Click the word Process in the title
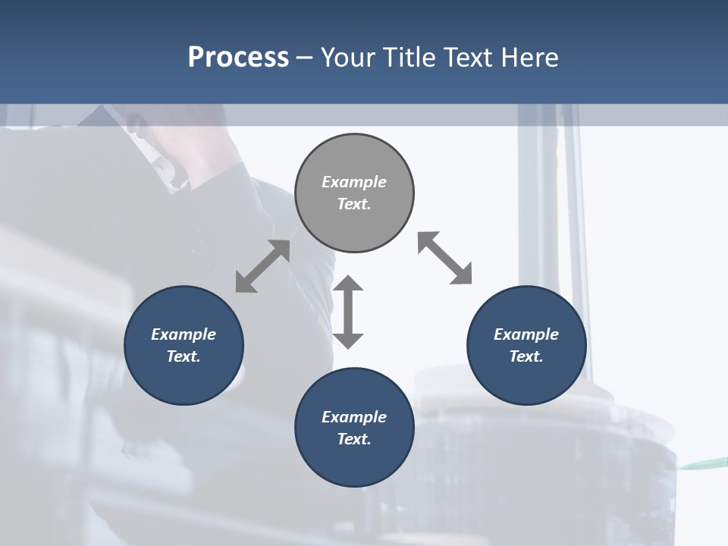pyautogui.click(x=238, y=57)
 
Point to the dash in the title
pyautogui.click(x=305, y=58)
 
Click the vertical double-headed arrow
pyautogui.click(x=348, y=312)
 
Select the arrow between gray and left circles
pyautogui.click(x=262, y=266)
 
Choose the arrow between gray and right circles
pyautogui.click(x=444, y=258)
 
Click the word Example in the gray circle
pyautogui.click(x=354, y=182)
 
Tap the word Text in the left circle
pyautogui.click(x=184, y=356)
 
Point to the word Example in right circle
pyautogui.click(x=526, y=334)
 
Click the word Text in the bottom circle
pyautogui.click(x=354, y=439)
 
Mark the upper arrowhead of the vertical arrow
pyautogui.click(x=348, y=284)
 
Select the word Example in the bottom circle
pyautogui.click(x=354, y=417)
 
